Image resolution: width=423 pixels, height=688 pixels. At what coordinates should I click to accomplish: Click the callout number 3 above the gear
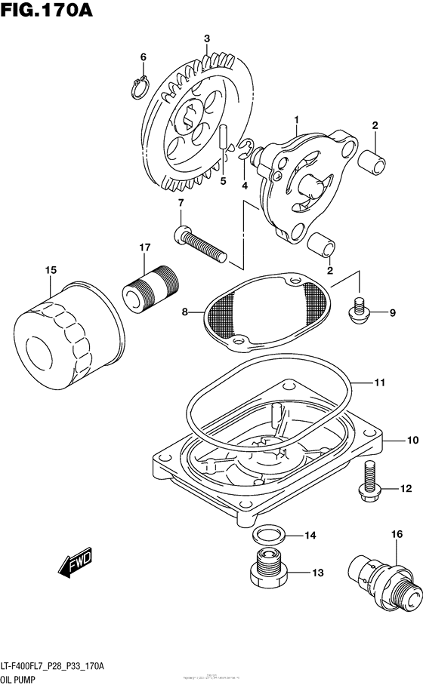pos(206,38)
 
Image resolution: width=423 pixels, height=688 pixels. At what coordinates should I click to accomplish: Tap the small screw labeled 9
pos(357,312)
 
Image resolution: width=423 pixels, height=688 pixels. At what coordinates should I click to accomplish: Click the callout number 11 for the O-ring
pos(380,383)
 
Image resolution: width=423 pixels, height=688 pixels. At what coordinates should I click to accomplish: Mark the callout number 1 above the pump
pos(297,120)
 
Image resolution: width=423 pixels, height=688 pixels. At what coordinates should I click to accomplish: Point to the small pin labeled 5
pos(224,140)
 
